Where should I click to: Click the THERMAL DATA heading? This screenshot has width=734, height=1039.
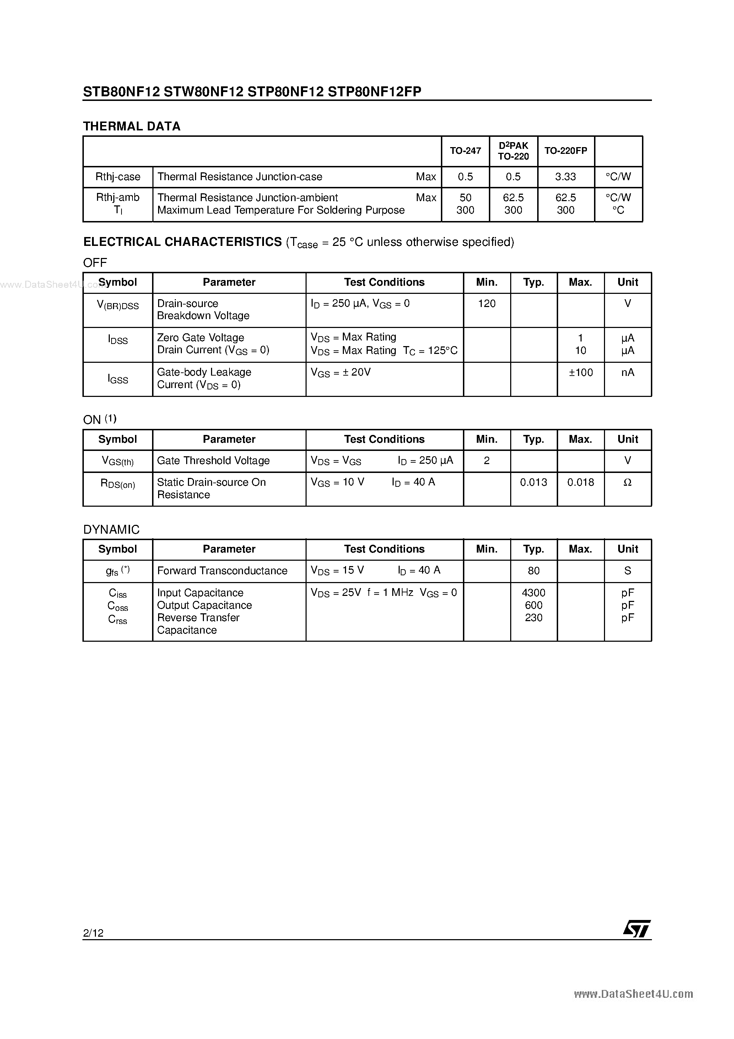pos(132,126)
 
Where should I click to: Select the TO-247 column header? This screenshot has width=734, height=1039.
pos(465,151)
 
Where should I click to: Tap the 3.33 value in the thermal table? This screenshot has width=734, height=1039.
pos(565,177)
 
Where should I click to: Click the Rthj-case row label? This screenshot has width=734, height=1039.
pos(118,177)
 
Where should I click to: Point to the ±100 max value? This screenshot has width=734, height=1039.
pos(581,372)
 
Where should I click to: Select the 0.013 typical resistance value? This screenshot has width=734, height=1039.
pos(534,483)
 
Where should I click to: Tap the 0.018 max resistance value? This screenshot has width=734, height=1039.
pos(581,483)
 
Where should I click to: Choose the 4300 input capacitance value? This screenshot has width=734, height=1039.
pos(534,593)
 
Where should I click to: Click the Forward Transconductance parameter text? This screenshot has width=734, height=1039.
pos(222,571)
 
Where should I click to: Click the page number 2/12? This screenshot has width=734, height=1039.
pos(93,933)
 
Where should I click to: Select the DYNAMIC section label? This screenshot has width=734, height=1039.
pos(111,529)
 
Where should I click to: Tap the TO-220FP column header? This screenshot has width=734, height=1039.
pos(566,151)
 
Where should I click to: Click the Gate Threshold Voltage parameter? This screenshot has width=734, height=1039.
pos(213,461)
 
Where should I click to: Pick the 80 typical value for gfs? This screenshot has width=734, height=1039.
pos(534,571)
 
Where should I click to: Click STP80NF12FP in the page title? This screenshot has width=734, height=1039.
pos(374,92)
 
